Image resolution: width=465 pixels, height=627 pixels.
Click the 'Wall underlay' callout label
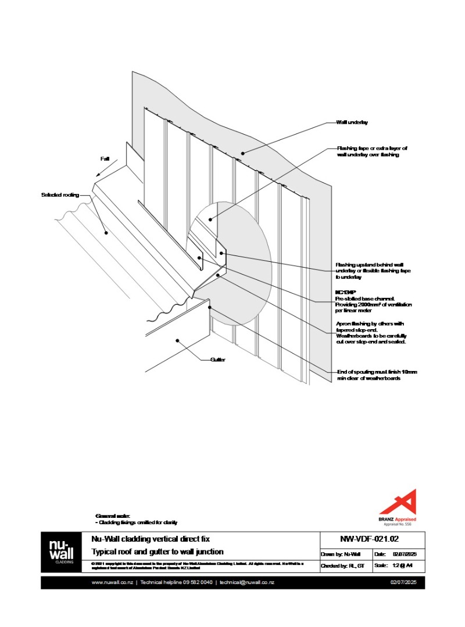click(352, 123)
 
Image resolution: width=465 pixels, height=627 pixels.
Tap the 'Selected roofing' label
click(60, 195)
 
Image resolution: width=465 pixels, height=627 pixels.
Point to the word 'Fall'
click(105, 158)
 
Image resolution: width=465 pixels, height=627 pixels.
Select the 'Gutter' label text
click(218, 360)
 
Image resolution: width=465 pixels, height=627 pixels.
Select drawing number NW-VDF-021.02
click(372, 538)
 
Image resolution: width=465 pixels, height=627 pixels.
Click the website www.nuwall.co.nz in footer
click(112, 582)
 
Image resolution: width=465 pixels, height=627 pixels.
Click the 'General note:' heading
click(113, 516)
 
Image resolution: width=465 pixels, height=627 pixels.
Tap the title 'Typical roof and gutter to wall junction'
click(158, 552)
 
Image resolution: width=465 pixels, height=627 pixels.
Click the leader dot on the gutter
click(178, 342)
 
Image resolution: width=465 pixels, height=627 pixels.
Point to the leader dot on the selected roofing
click(106, 233)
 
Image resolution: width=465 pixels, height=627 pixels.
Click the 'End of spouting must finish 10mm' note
click(377, 372)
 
